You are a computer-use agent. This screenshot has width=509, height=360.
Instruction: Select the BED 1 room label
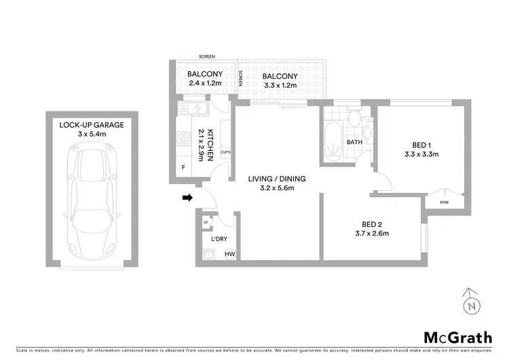click(421, 145)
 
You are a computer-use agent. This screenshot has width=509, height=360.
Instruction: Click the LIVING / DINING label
click(277, 179)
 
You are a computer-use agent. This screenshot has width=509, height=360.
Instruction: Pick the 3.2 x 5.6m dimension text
click(277, 188)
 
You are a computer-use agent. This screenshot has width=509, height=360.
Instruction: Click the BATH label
click(354, 143)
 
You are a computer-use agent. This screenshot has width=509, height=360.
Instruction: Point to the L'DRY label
click(219, 239)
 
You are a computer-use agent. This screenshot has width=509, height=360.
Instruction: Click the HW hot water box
click(230, 255)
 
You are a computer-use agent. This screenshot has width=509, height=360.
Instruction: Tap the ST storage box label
click(206, 222)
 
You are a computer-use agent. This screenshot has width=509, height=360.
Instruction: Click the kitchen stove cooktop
click(183, 140)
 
